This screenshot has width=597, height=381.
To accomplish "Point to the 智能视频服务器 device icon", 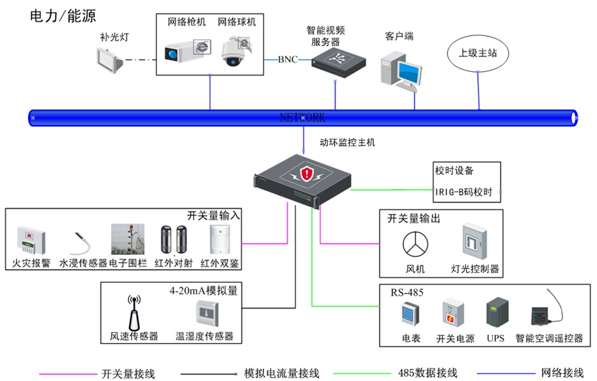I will (339, 62).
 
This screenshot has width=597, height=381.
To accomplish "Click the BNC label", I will (288, 60).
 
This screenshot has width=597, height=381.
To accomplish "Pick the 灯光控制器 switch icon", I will (474, 241).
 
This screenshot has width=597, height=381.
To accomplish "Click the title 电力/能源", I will (63, 16).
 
